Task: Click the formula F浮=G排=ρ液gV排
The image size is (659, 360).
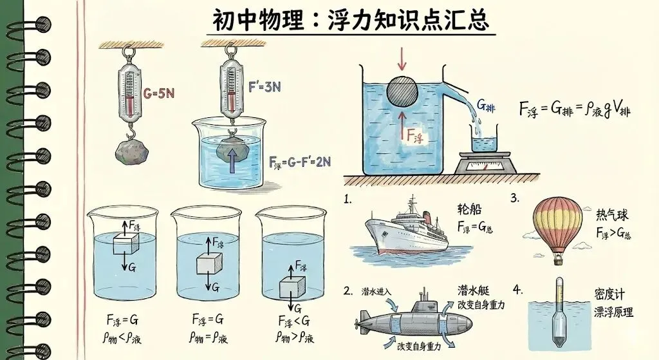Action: coord(575,109)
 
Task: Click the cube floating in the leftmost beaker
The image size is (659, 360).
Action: coord(126,244)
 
